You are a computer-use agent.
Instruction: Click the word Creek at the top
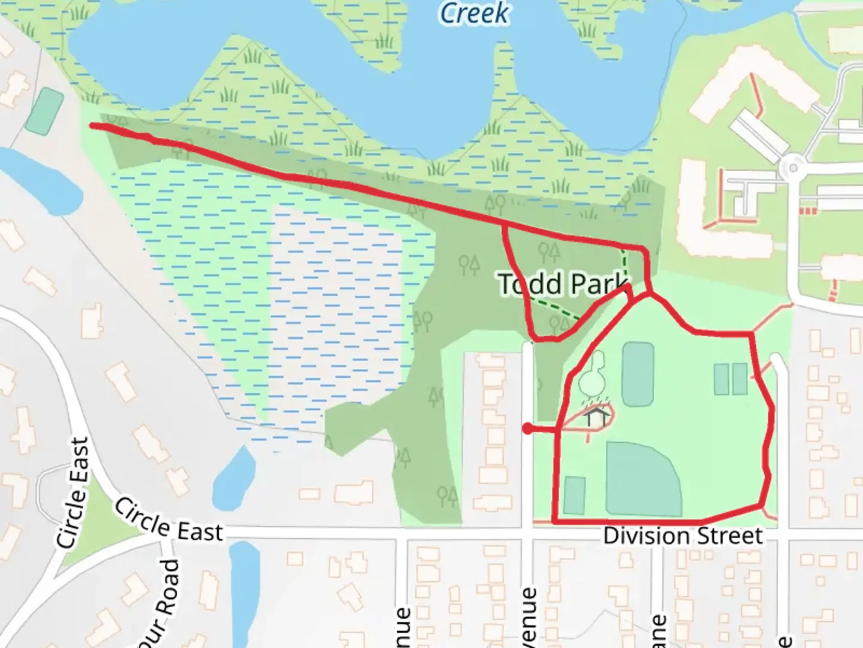point(474,13)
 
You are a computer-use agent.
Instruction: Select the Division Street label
point(683,535)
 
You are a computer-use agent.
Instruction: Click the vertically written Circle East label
point(74,493)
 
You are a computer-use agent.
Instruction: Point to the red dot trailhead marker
point(527,428)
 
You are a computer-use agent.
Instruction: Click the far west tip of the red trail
point(93,125)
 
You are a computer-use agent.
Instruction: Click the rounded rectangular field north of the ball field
point(638,374)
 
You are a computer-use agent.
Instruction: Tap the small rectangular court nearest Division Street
point(574,495)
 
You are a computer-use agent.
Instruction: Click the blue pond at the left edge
point(42,180)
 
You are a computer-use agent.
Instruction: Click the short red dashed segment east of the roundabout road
point(808,211)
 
